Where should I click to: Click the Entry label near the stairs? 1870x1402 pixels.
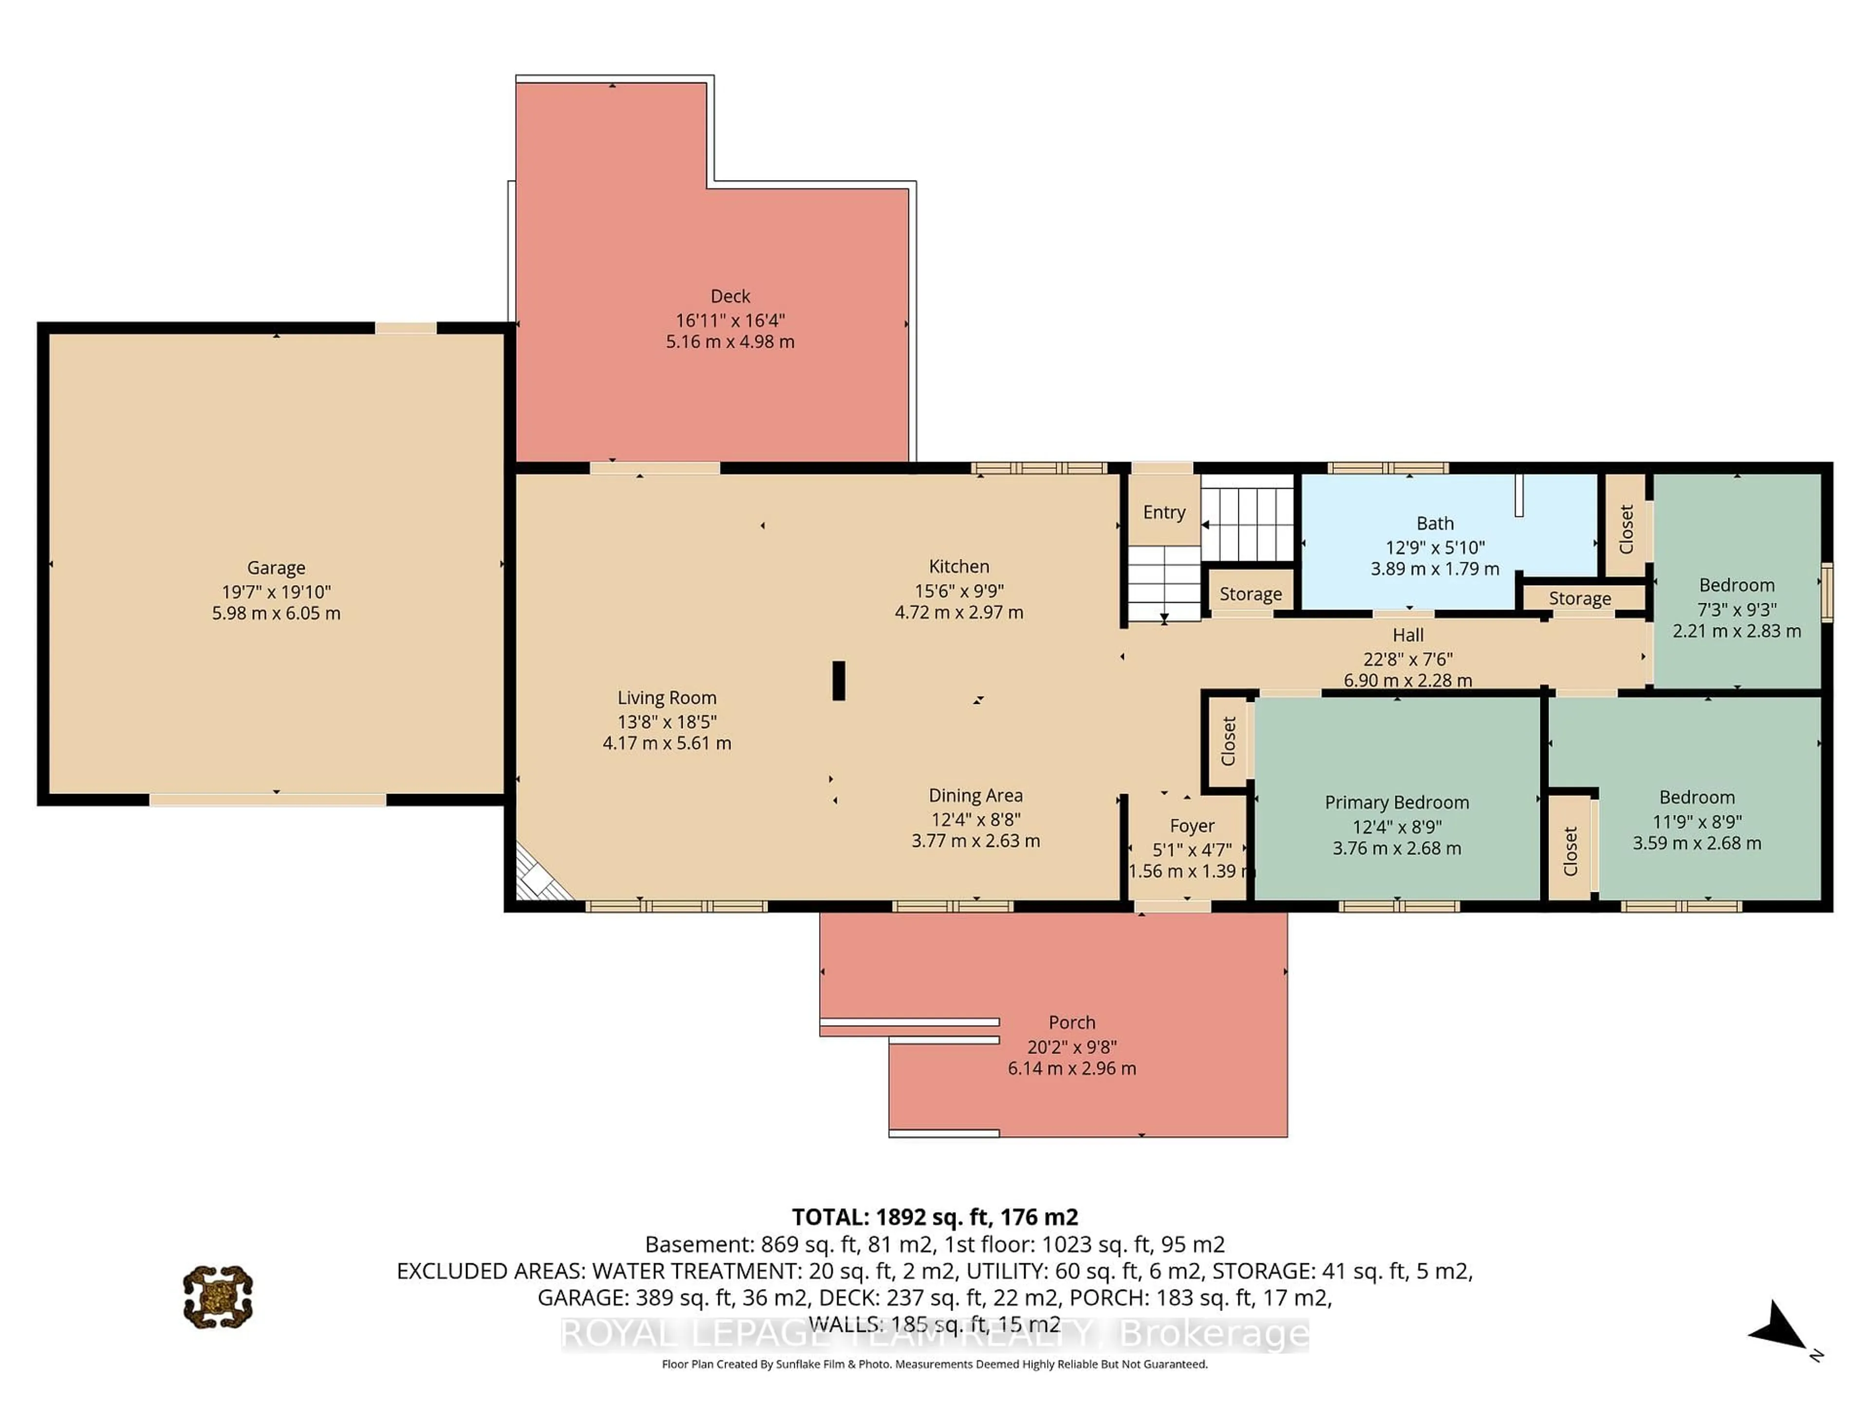1163,512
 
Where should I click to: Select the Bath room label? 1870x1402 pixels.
1435,523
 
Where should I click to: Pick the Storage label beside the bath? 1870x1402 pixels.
1579,598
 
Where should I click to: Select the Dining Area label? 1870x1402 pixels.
975,795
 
